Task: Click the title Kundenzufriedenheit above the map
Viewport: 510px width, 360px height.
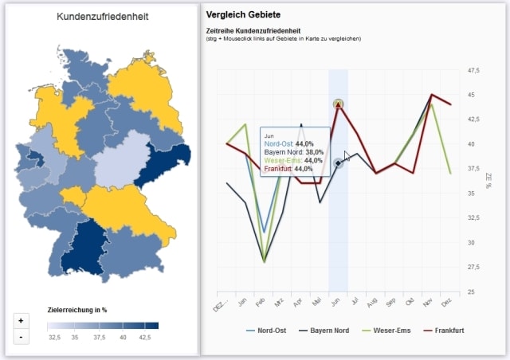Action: point(102,16)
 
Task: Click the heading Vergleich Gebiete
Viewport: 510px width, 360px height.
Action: point(243,15)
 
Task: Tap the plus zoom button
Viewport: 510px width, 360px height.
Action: point(21,320)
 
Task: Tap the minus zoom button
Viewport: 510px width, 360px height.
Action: point(21,336)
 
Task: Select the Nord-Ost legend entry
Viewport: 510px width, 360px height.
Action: point(268,330)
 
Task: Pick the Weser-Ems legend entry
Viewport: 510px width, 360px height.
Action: point(386,330)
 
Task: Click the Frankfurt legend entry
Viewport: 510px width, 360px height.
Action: point(446,330)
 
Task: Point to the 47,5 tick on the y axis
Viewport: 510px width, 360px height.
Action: point(473,71)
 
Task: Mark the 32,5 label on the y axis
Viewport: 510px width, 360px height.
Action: point(473,218)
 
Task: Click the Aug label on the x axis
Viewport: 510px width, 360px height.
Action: point(371,303)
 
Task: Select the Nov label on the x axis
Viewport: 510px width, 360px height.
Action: point(428,303)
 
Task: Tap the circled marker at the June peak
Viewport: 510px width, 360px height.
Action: point(339,104)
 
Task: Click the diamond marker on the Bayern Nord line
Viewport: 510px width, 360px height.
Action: point(339,163)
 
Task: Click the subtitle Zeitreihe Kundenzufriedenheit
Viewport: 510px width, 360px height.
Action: point(247,30)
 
